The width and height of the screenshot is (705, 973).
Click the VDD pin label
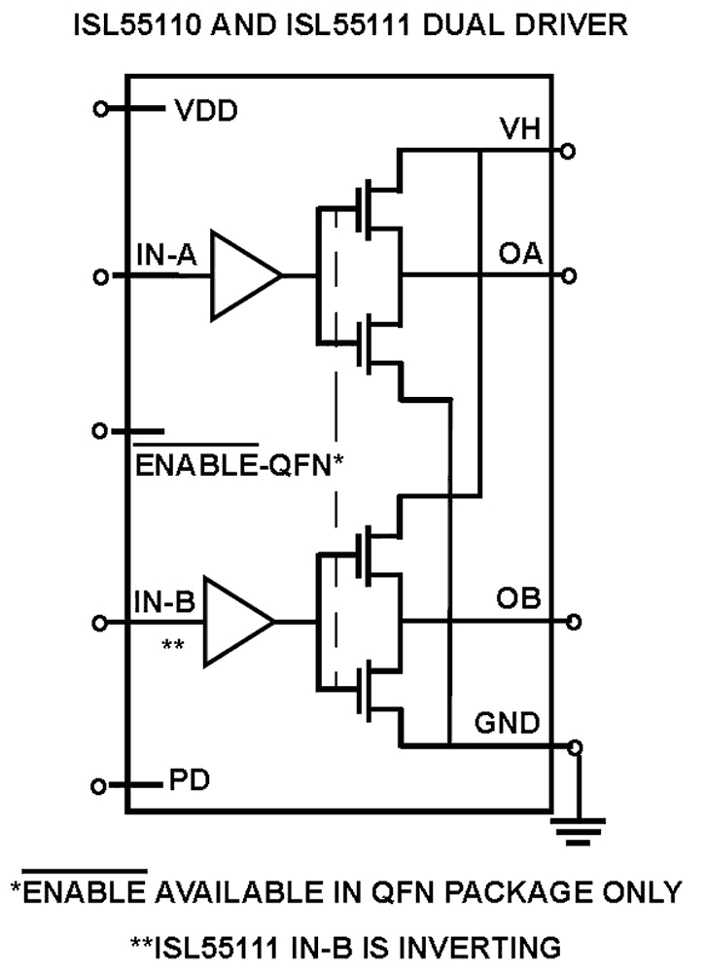tap(206, 110)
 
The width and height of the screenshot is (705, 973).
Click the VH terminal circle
tap(568, 151)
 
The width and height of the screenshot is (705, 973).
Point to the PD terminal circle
tap(98, 785)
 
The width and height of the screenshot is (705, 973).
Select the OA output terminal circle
tap(568, 275)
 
